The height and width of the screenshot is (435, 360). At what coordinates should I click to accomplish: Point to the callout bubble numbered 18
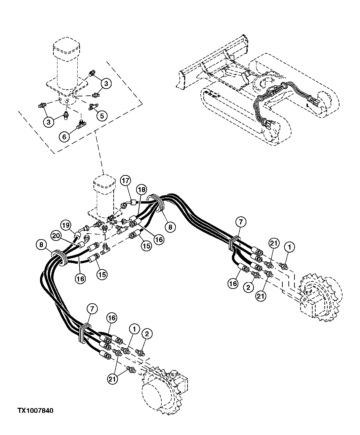coord(142,190)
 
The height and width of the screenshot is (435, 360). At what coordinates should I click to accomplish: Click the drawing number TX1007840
coord(35,410)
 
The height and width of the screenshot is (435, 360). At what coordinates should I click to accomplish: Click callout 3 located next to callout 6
coord(48,122)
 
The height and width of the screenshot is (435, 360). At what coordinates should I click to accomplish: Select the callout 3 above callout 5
coord(106,84)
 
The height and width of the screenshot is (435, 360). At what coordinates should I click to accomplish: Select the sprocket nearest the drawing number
coord(165,391)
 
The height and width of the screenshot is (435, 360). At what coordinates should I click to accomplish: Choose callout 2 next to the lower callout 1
coord(147,334)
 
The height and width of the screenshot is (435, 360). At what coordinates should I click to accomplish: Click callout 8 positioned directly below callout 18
coord(170,227)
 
